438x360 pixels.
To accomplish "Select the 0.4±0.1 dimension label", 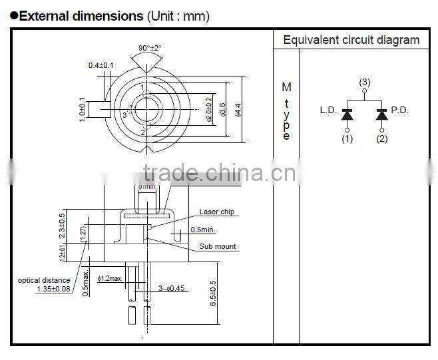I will [x=101, y=65].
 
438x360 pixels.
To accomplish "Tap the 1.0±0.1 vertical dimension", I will [x=83, y=108].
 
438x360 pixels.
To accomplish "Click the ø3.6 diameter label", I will [x=222, y=108].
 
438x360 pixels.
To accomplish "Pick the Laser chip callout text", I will [x=217, y=212].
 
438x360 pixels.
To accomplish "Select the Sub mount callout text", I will [x=218, y=246].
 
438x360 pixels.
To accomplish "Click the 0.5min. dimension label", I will [x=204, y=230].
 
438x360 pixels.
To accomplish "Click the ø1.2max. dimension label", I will [x=110, y=277].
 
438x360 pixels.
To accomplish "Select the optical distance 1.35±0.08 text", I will [x=44, y=285].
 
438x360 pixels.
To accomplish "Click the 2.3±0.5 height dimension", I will [x=62, y=226].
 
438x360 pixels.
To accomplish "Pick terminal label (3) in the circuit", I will [x=364, y=82].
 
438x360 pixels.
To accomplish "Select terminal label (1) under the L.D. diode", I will [x=347, y=138].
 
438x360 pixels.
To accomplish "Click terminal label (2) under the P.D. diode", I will [x=381, y=138].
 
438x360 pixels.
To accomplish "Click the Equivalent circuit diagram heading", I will [x=351, y=40].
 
